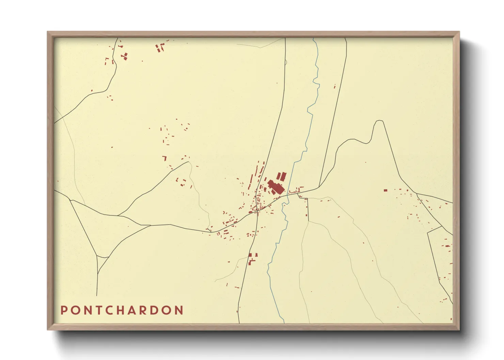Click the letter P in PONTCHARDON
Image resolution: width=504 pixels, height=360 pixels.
(x=64, y=310)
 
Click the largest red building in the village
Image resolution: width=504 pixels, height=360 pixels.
(x=276, y=187)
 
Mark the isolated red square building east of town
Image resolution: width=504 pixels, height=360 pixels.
(x=385, y=191)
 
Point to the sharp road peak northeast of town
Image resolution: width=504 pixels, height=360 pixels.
(x=379, y=121)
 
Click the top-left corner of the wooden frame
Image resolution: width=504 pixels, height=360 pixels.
(x=48, y=32)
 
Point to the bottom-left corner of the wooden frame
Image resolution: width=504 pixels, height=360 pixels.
(x=48, y=329)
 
